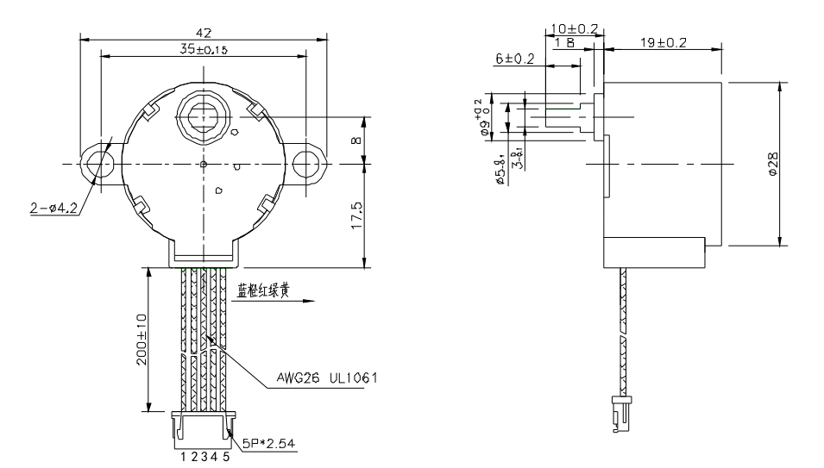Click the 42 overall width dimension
204,32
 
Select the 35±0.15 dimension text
204,50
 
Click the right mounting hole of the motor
305,164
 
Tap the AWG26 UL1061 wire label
324,378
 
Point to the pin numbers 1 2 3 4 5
204,457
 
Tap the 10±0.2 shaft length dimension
575,28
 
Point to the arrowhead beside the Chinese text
310,301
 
